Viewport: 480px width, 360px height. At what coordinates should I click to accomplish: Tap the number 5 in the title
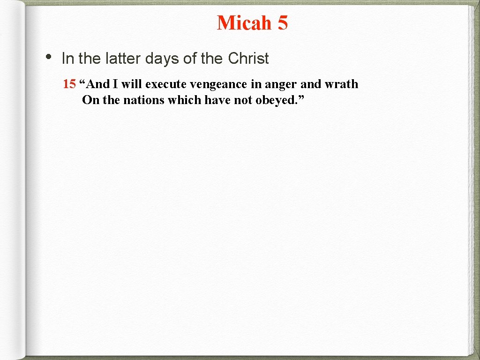(x=282, y=23)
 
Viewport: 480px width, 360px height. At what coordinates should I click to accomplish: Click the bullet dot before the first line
(x=48, y=56)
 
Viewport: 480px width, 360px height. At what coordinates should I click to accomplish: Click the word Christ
(x=248, y=59)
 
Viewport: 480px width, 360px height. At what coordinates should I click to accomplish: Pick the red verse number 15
(x=69, y=84)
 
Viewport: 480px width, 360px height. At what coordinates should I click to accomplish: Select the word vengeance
(x=218, y=85)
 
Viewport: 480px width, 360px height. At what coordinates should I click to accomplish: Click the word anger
(x=280, y=85)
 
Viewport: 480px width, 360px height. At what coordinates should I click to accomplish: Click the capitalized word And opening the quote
(x=97, y=84)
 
